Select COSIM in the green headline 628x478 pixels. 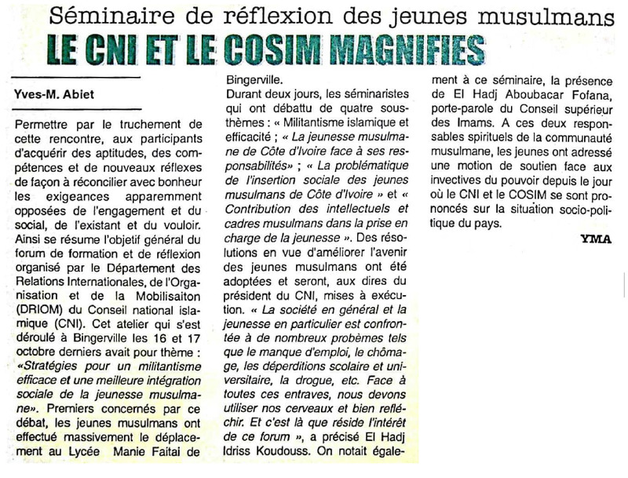272,49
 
